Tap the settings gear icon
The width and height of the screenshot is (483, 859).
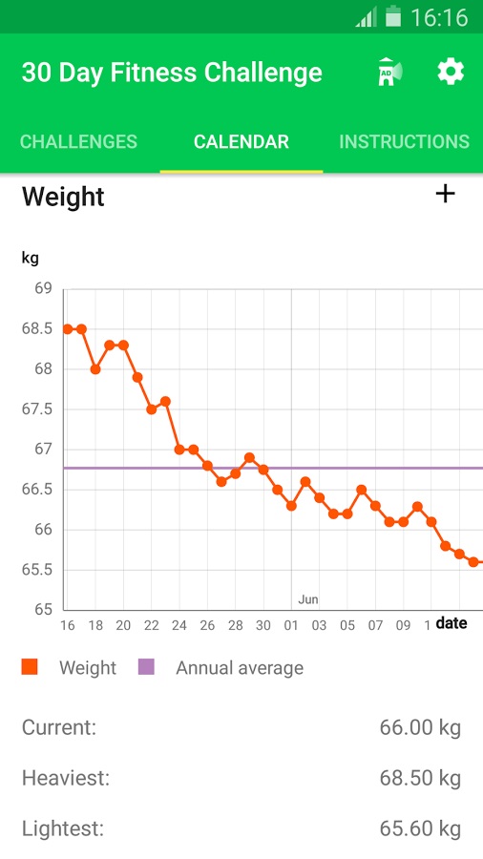(x=451, y=72)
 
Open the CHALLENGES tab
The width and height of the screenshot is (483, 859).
(x=78, y=142)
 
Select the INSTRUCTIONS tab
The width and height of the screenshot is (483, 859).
(x=404, y=142)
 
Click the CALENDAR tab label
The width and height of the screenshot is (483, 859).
(x=241, y=142)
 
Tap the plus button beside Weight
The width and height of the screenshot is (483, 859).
(x=445, y=195)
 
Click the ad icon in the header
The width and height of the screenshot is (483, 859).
(x=389, y=73)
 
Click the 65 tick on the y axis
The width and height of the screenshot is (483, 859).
(x=43, y=609)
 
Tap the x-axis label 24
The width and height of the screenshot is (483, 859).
(x=178, y=626)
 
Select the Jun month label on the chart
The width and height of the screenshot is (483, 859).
(x=307, y=599)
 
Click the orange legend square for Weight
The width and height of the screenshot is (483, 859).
(x=30, y=667)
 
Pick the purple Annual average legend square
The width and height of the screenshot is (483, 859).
(x=146, y=667)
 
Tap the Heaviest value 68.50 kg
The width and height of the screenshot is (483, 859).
(x=420, y=778)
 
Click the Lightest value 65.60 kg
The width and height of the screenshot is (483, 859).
(x=420, y=828)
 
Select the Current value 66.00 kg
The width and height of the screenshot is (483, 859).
(x=420, y=728)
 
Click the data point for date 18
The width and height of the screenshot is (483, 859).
(x=95, y=369)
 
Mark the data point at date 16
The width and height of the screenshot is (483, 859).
(x=68, y=329)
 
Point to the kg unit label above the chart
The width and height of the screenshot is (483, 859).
(x=31, y=258)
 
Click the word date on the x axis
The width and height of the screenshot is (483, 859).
(x=451, y=623)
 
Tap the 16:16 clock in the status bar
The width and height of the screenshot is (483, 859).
(x=439, y=17)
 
